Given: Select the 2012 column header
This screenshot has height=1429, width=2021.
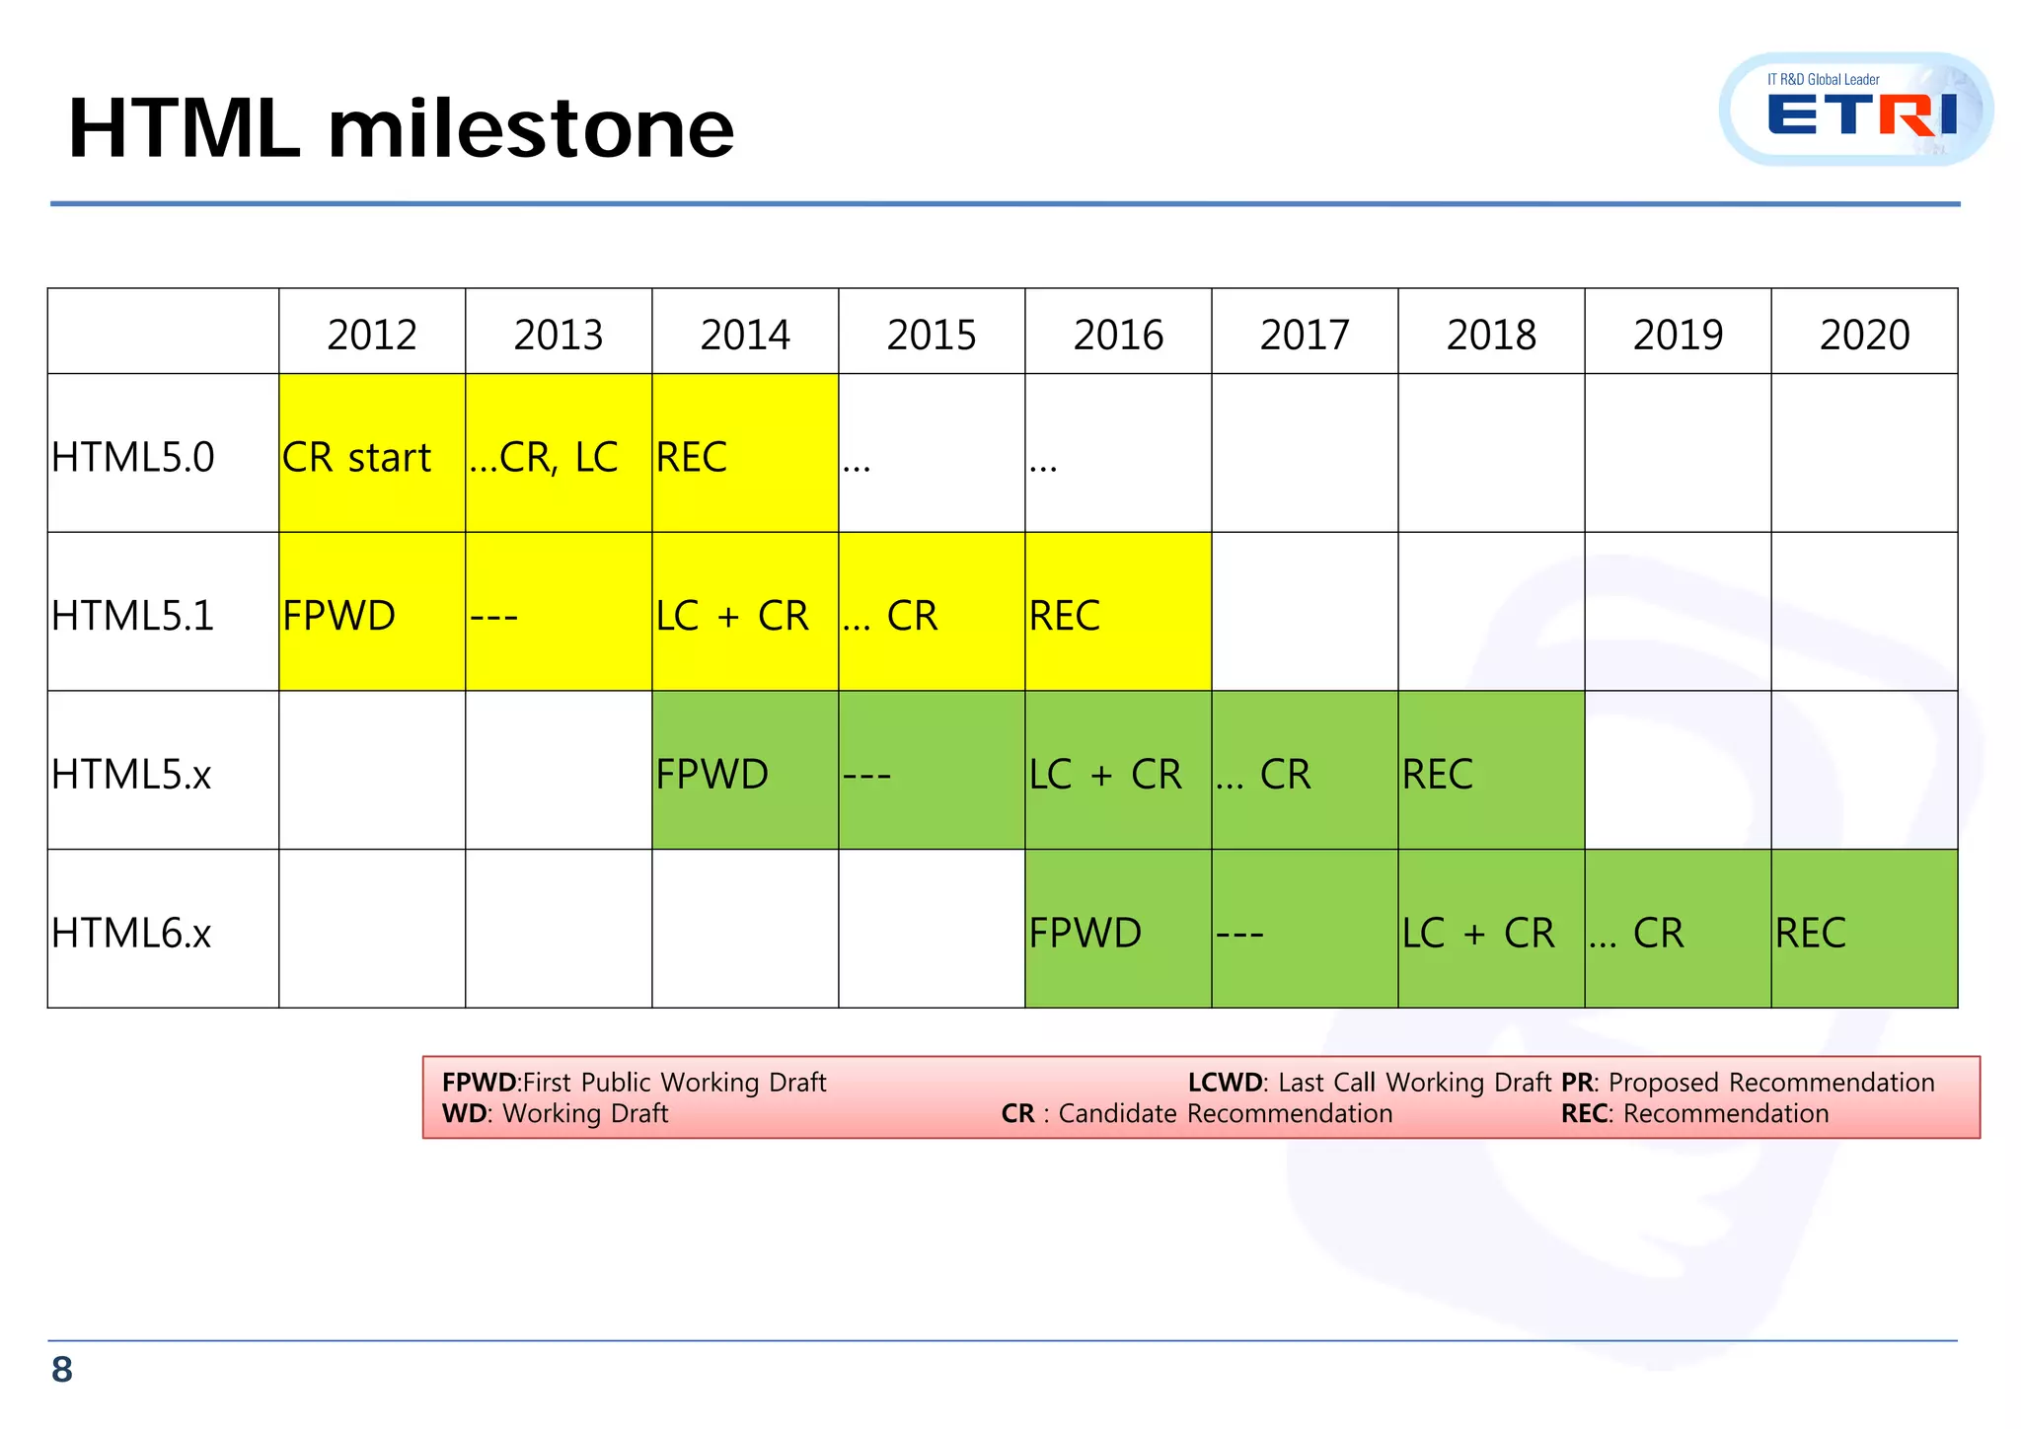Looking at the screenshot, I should (x=372, y=335).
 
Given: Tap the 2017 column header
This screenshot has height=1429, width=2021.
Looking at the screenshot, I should (x=1305, y=335).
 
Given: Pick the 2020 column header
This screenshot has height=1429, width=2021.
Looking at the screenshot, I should (x=1864, y=335).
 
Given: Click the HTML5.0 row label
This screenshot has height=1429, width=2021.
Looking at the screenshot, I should (x=133, y=457).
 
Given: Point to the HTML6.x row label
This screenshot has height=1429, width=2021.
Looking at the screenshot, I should (x=132, y=933).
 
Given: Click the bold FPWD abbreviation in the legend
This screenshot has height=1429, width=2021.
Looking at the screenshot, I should (x=479, y=1083).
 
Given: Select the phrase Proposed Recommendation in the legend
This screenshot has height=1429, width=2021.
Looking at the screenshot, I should (x=1771, y=1083).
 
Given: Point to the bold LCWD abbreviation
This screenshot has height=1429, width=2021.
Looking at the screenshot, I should (x=1225, y=1083).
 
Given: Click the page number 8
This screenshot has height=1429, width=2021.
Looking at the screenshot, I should (x=62, y=1370).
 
